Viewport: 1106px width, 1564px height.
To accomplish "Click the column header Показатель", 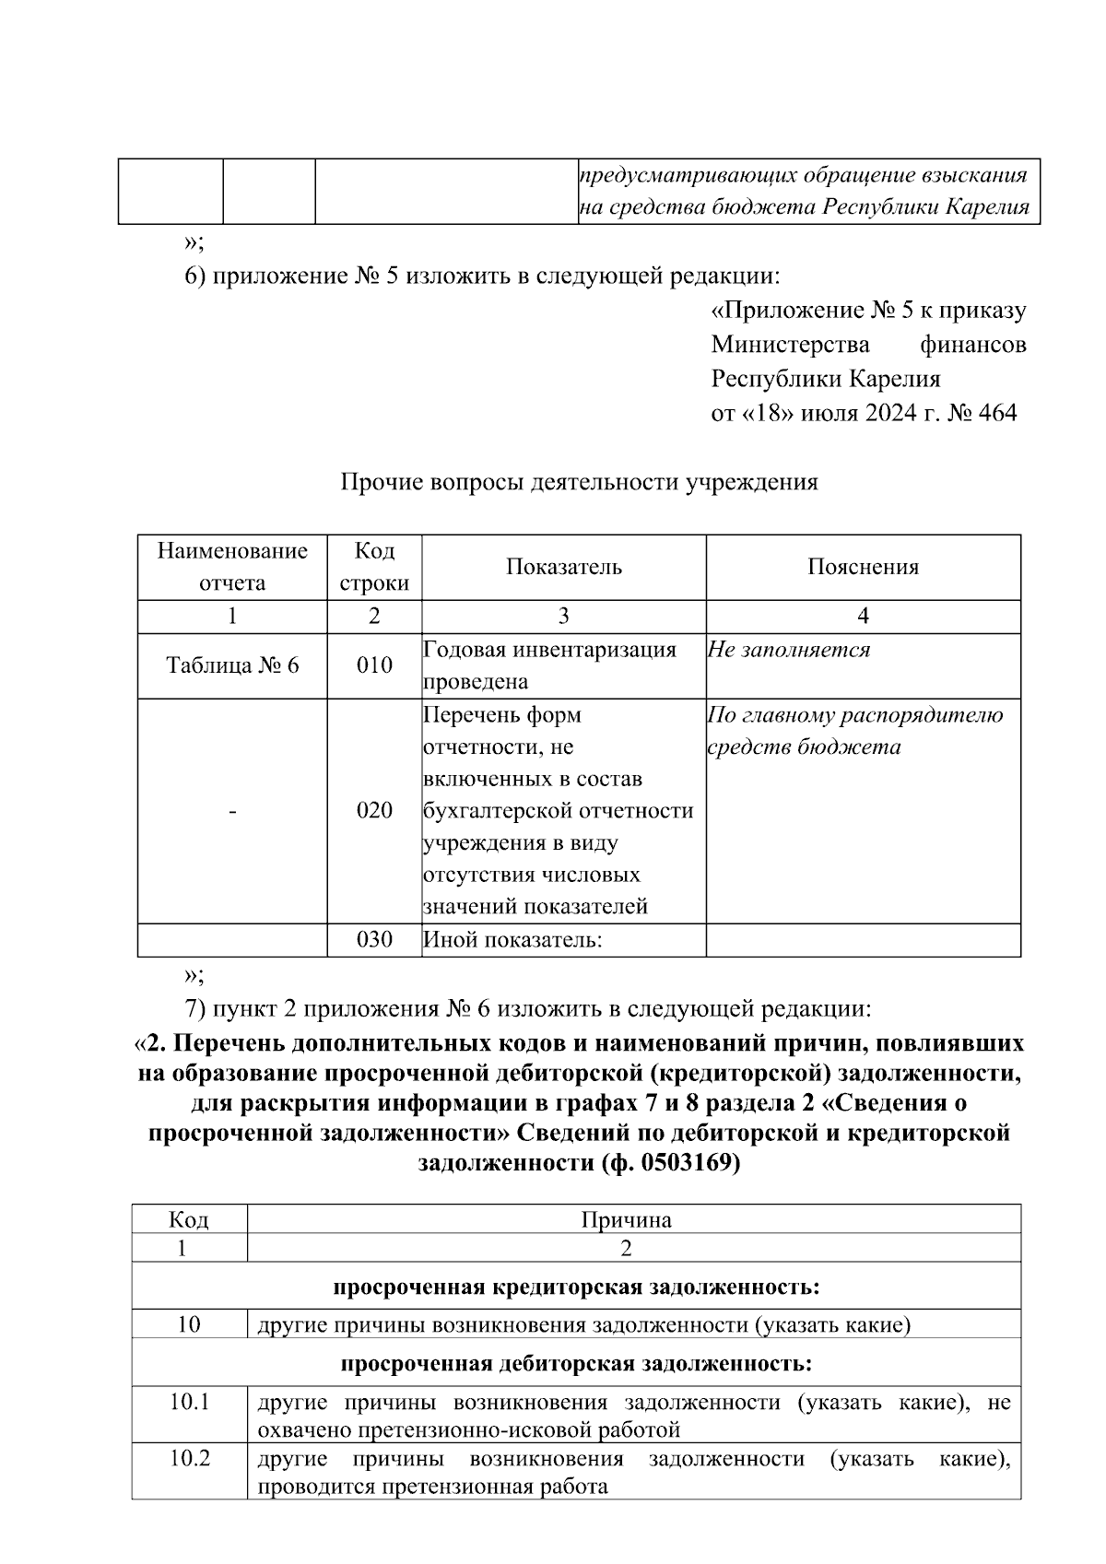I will (x=563, y=567).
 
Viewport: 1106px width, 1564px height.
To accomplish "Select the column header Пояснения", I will (x=863, y=567).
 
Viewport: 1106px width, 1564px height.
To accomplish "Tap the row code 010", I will (x=374, y=665).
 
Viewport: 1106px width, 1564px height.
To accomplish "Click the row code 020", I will (x=374, y=810).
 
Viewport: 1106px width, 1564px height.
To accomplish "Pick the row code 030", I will (x=374, y=939).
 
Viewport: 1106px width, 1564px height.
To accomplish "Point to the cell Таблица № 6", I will (x=232, y=665).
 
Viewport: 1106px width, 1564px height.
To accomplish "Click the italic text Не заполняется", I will (x=789, y=650).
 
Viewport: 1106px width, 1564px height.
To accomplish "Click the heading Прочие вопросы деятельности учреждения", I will (x=580, y=482).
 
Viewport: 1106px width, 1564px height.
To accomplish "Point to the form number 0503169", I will (x=683, y=1163).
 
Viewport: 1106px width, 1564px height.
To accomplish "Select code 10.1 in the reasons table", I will (x=190, y=1402).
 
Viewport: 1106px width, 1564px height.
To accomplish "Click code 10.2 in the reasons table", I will (x=190, y=1459).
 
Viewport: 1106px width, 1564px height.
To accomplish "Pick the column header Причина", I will (x=626, y=1220).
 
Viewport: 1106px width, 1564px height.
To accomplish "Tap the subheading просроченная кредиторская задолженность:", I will (x=576, y=1286).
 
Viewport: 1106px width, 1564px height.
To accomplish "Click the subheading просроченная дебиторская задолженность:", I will (x=576, y=1362).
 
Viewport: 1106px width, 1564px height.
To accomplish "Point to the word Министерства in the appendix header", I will (x=790, y=345).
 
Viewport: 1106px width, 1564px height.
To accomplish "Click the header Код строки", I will (x=374, y=567).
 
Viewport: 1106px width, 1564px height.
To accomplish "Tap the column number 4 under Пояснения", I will (x=863, y=616).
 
